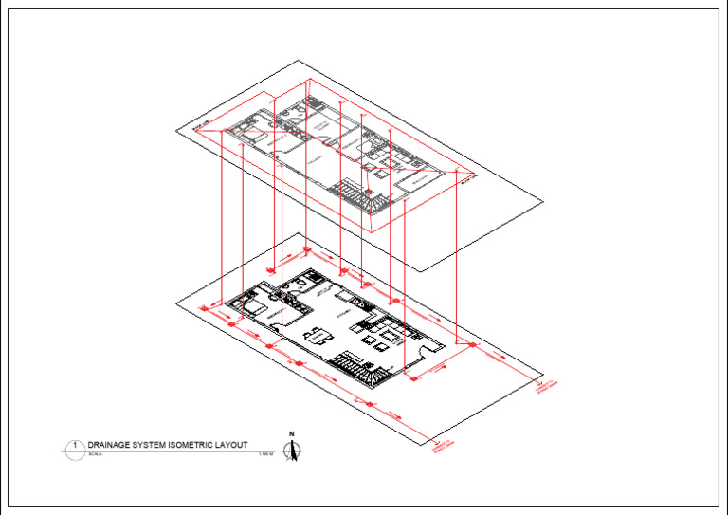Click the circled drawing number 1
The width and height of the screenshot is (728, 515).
[74, 445]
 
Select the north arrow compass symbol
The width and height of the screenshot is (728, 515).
[293, 452]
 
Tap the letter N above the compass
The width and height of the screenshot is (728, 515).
[293, 434]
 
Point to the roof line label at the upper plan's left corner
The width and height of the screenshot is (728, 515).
[199, 126]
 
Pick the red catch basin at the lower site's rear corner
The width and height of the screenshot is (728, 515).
[306, 250]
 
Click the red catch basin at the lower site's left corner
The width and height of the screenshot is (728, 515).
[204, 308]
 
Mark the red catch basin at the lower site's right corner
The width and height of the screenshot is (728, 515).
[472, 346]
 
